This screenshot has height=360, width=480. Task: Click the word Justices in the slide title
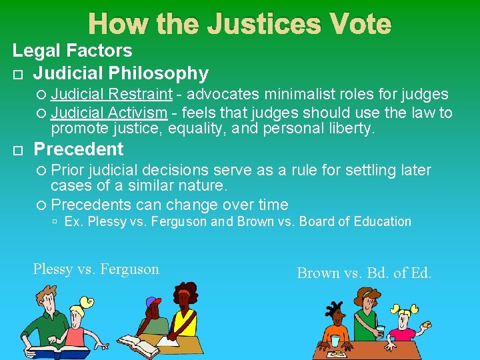point(263,25)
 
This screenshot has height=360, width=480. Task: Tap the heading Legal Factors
point(73,50)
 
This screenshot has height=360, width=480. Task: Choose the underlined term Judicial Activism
point(109,113)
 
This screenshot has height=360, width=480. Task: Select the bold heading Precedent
point(78,149)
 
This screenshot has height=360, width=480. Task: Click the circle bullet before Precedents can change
point(42,205)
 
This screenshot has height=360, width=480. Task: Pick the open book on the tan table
point(140,347)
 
